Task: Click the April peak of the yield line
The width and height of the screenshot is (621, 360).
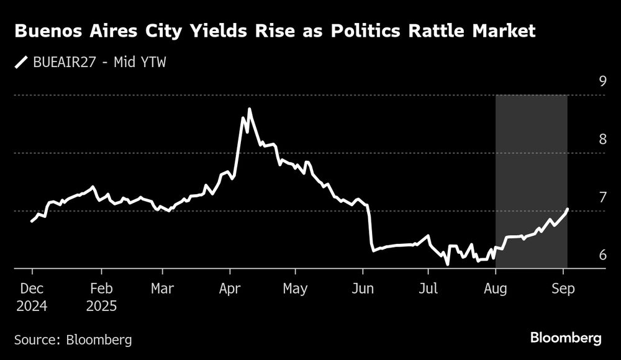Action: coord(250,109)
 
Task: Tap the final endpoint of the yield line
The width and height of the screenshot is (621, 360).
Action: coord(568,209)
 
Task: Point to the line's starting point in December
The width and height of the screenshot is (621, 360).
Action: coord(32,222)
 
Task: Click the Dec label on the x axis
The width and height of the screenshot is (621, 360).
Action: coord(32,289)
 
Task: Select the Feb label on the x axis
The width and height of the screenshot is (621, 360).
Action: coord(101,289)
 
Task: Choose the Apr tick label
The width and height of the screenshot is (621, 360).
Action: coord(230,289)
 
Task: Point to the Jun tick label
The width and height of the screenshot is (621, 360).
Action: coord(363,289)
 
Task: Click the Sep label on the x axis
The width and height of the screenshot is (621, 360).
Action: coord(563,289)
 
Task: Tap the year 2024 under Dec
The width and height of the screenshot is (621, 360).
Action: coord(32,306)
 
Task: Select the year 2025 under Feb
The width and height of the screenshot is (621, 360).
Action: coord(101,306)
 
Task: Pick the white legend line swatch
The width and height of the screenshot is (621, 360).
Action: coord(22,62)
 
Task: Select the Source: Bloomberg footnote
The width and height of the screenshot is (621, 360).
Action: coord(73,340)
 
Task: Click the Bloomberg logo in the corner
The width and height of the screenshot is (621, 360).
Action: coord(566,338)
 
